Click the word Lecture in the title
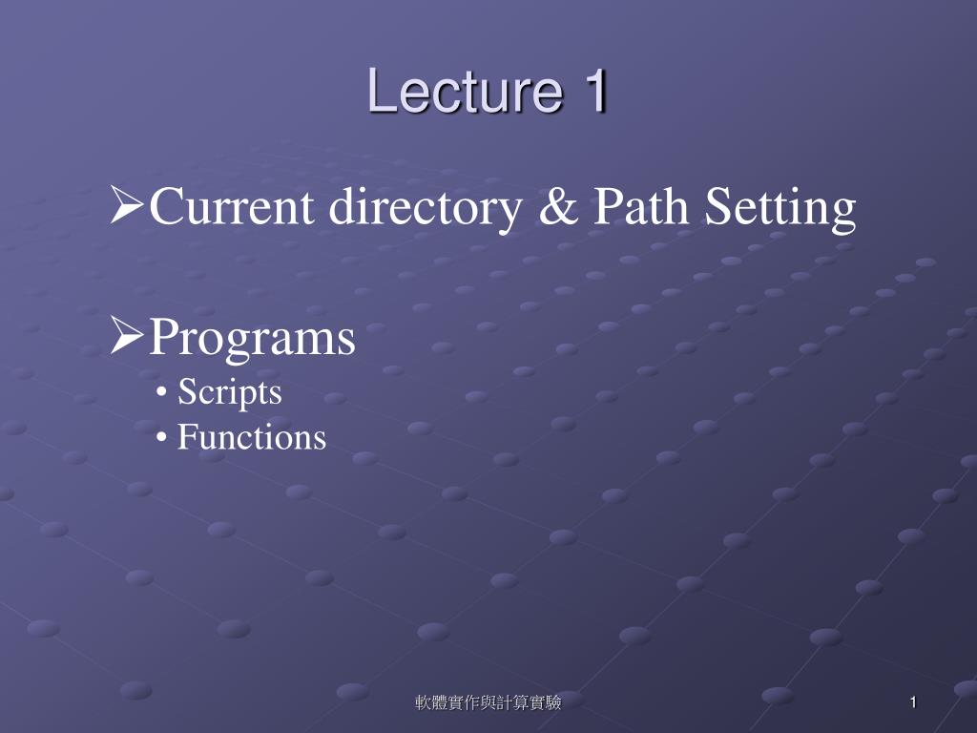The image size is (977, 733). point(466,91)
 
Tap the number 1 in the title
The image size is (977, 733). point(595,91)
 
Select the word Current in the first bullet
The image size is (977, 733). point(231,206)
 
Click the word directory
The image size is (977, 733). point(426,209)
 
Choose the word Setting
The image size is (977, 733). point(780,209)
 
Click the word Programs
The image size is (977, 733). point(252,339)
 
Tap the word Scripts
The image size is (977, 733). point(230,393)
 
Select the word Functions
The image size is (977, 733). point(252,436)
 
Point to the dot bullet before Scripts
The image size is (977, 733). point(162,394)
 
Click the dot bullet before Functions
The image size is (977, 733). point(162,438)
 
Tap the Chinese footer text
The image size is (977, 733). point(488,702)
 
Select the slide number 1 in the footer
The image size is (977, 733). point(913,702)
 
